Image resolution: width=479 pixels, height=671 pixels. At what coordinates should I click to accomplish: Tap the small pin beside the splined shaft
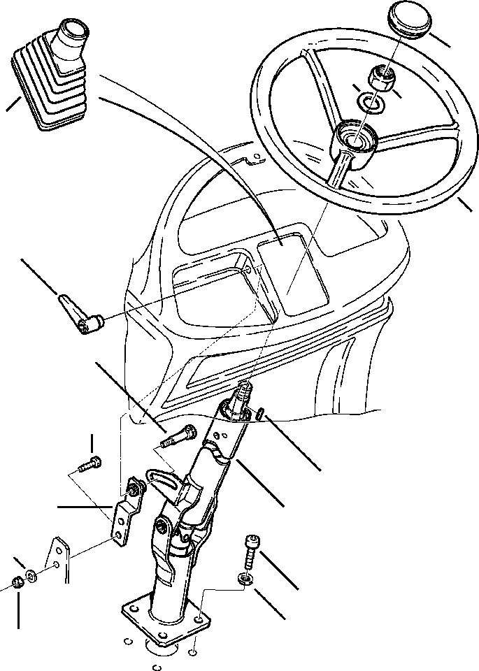point(260,414)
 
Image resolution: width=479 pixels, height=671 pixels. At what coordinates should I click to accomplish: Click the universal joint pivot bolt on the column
point(162,525)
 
